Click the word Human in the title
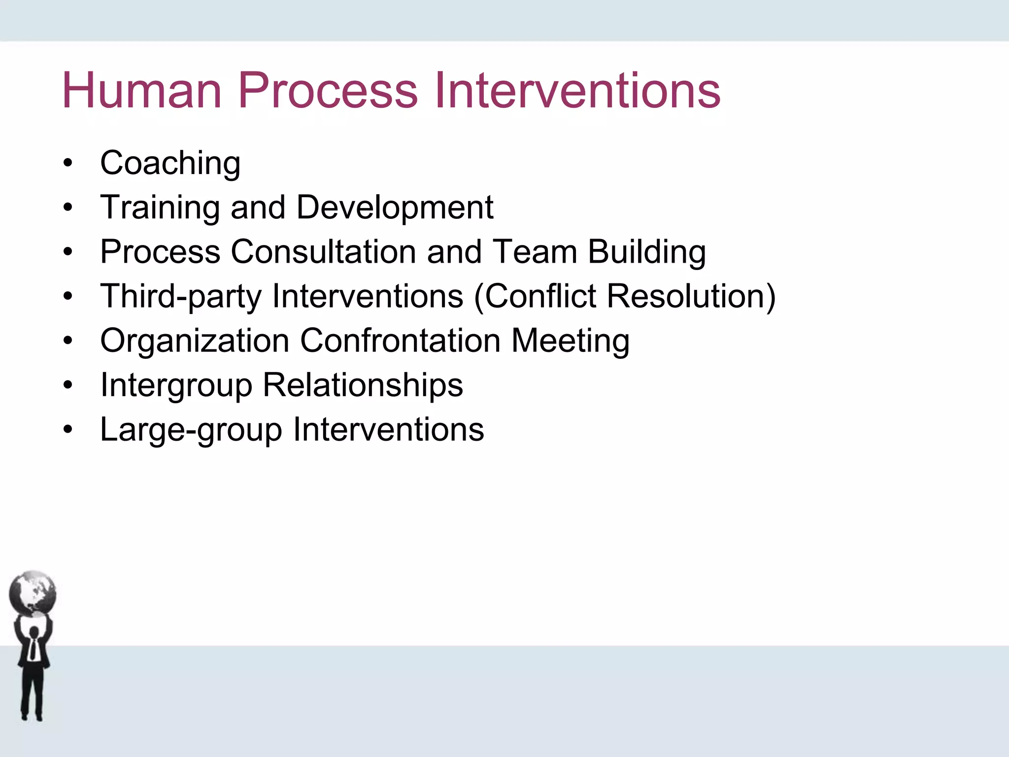pyautogui.click(x=142, y=91)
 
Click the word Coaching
pyautogui.click(x=170, y=163)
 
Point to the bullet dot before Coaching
pyautogui.click(x=68, y=163)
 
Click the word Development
pyautogui.click(x=395, y=207)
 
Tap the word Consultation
pyautogui.click(x=323, y=252)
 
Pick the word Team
pyautogui.click(x=535, y=252)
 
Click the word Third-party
pyautogui.click(x=181, y=296)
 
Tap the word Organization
pyautogui.click(x=195, y=341)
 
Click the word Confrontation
pyautogui.click(x=400, y=341)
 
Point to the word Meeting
pyautogui.click(x=570, y=341)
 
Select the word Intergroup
pyautogui.click(x=176, y=385)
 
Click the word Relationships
pyautogui.click(x=363, y=385)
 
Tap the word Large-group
pyautogui.click(x=191, y=429)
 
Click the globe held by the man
pyautogui.click(x=33, y=593)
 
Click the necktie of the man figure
pyautogui.click(x=33, y=648)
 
